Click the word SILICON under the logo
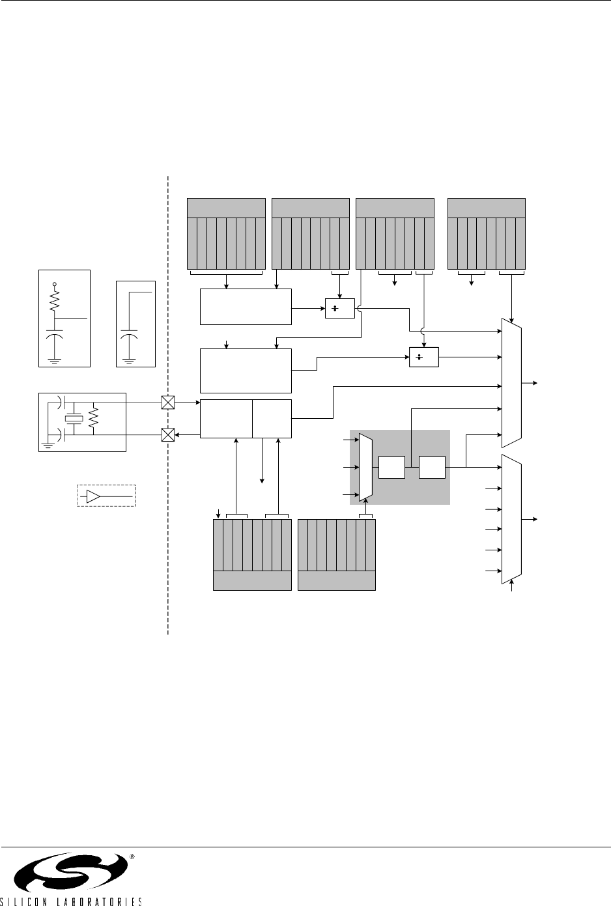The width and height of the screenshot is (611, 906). click(x=36, y=901)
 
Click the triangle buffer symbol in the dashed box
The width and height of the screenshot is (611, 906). click(x=94, y=497)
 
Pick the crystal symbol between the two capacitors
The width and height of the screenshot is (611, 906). click(x=76, y=418)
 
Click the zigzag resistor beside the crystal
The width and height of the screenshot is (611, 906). click(x=94, y=418)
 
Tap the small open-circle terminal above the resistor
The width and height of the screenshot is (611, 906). click(x=54, y=284)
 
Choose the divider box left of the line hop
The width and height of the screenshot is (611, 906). click(x=339, y=309)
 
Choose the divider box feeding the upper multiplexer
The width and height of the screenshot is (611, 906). click(x=424, y=358)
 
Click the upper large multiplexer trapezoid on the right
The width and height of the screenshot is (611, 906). click(x=512, y=382)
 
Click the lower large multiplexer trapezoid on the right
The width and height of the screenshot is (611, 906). click(x=512, y=520)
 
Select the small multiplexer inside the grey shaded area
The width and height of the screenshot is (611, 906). click(x=365, y=468)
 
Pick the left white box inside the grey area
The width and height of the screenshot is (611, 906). click(x=391, y=467)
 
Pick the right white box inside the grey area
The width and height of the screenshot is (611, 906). click(x=432, y=467)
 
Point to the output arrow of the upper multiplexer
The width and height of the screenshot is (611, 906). click(x=535, y=382)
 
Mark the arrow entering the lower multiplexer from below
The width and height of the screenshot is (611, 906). click(x=512, y=587)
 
